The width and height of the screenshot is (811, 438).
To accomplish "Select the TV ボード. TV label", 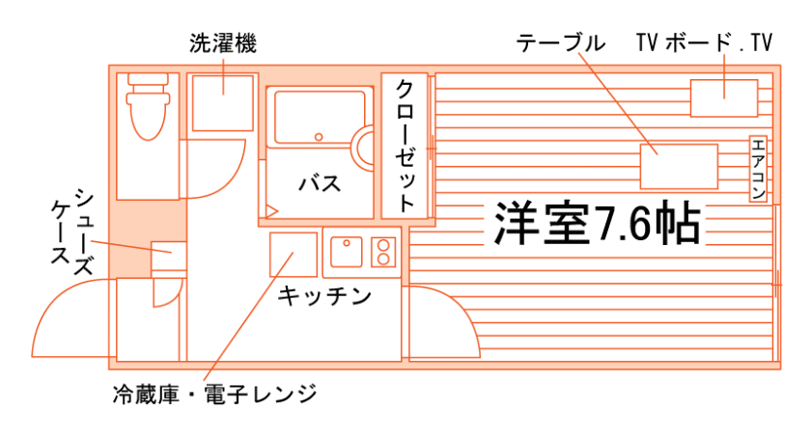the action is pos(705,42).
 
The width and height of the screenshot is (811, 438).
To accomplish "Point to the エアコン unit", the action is pos(758,168).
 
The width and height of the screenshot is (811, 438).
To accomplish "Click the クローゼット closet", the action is pos(405,145).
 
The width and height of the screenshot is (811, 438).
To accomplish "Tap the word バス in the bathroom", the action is pos(318,183).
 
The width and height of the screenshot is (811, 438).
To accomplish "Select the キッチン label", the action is pos(323,296).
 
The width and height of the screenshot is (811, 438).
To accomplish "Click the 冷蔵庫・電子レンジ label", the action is pos(213,394).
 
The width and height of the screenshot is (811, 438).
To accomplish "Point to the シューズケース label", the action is pos(71,232).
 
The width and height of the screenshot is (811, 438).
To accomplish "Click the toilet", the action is pos(148,106).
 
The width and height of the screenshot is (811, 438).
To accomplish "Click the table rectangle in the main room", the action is pos(679,166).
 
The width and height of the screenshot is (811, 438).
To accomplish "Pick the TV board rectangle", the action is pos(724,98).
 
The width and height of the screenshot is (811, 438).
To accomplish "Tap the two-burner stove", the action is pos(383,252).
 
